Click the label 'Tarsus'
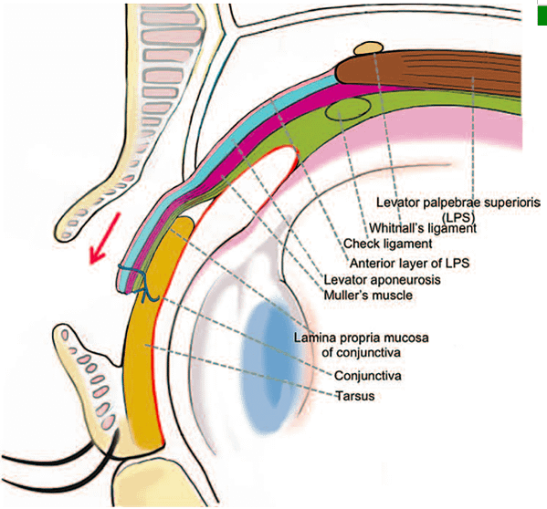click(x=355, y=396)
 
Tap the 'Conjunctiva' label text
click(x=367, y=376)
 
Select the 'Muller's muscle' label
click(x=368, y=295)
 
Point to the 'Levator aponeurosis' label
click(x=382, y=279)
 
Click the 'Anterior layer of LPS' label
click(x=409, y=263)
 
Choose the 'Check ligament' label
click(x=387, y=244)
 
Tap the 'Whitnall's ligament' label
click(x=423, y=229)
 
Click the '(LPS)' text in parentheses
click(x=458, y=218)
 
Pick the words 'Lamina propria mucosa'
click(x=361, y=338)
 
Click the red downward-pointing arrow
click(x=104, y=238)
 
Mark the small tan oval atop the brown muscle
click(x=368, y=47)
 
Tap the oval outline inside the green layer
click(x=349, y=109)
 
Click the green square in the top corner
click(x=542, y=16)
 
